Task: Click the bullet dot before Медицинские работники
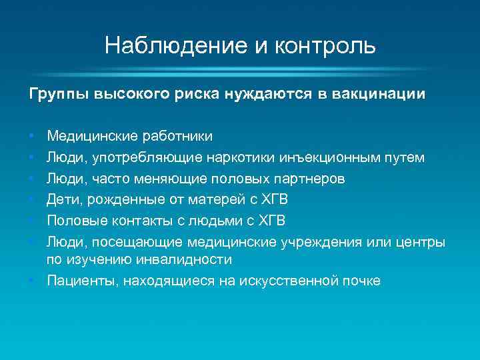tap(32, 137)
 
